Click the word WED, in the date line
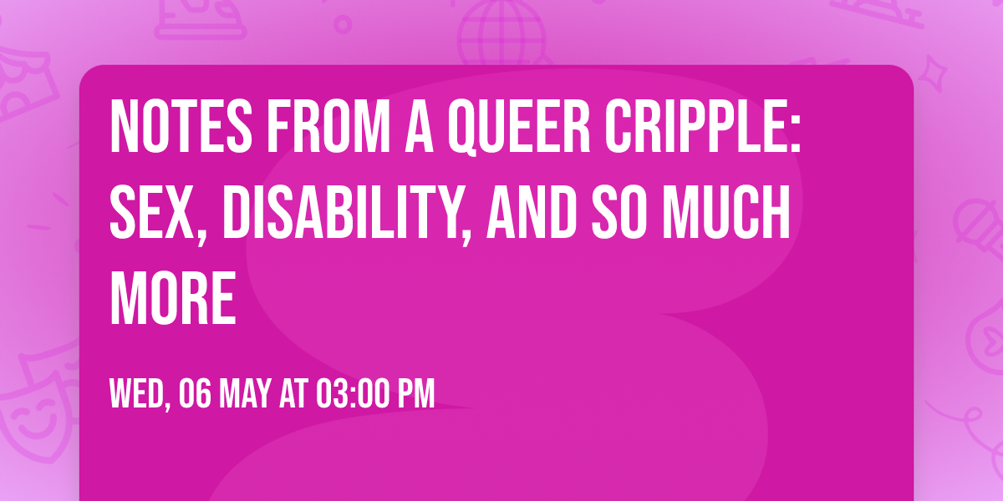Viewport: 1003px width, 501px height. (x=140, y=394)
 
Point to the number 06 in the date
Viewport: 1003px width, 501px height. (x=194, y=394)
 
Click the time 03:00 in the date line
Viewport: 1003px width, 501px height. (x=352, y=394)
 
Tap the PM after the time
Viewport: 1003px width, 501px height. (x=415, y=394)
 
